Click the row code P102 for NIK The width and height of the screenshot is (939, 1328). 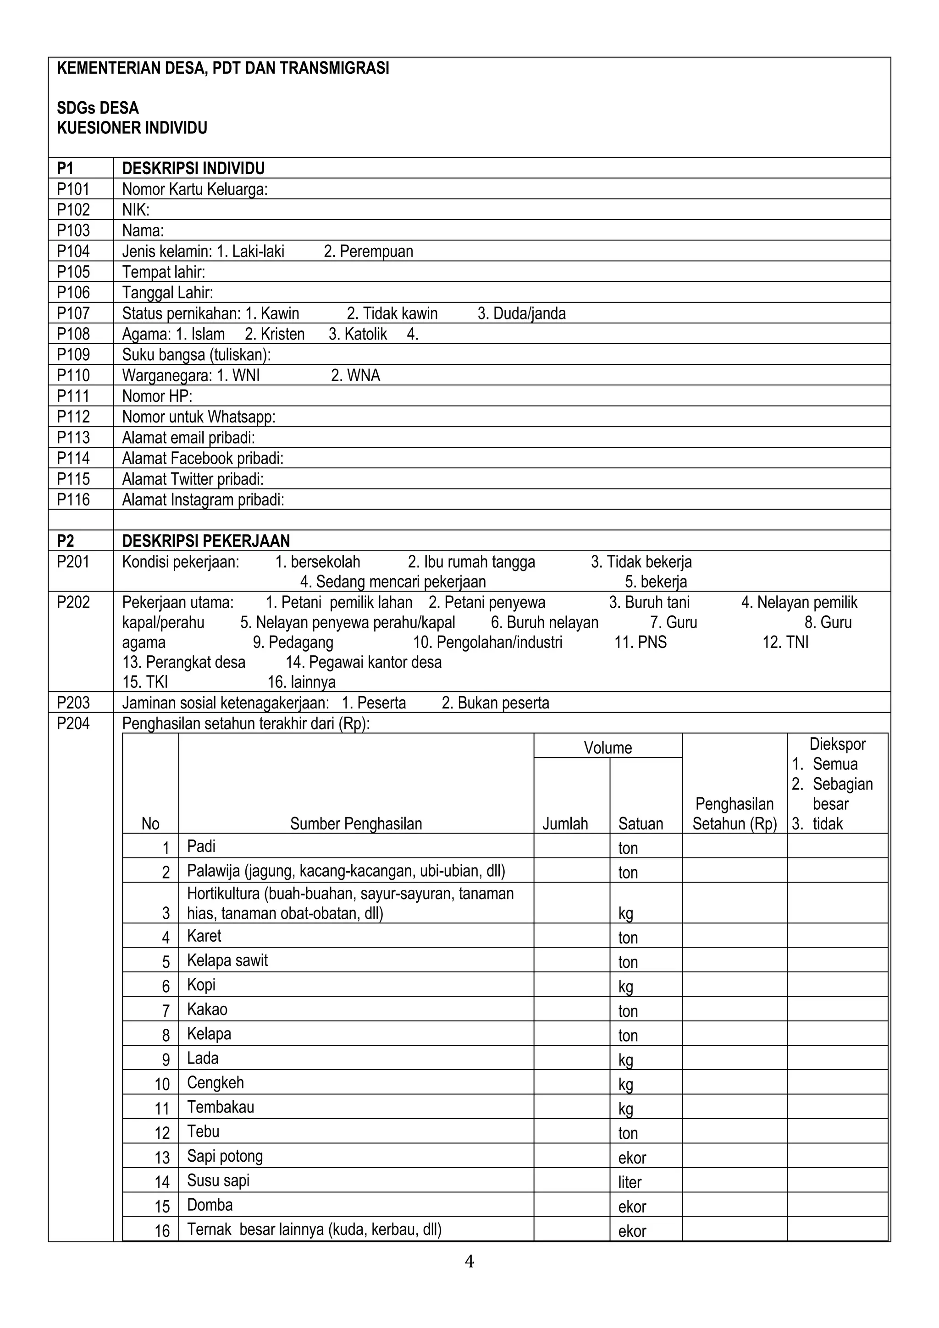[73, 209]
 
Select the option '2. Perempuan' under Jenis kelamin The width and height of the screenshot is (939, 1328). [369, 251]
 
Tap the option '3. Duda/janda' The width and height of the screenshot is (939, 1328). [521, 313]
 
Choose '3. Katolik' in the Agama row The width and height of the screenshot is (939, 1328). [358, 335]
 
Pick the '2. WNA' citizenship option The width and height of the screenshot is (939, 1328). [355, 375]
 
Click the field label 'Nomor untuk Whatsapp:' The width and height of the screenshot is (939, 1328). [199, 417]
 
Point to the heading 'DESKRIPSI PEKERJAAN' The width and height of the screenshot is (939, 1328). [206, 541]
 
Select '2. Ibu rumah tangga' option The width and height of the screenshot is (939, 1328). [471, 562]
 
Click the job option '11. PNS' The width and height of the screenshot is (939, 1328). [640, 642]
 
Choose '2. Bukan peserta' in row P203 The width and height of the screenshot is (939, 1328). [495, 703]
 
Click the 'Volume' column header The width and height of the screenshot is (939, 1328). [608, 747]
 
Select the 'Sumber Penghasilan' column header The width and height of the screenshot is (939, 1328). [356, 823]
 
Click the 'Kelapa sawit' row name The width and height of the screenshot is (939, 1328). [227, 960]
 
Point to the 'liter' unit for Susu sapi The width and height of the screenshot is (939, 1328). [630, 1182]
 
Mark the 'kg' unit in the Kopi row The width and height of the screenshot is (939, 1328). [625, 986]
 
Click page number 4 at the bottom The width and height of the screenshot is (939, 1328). [469, 1262]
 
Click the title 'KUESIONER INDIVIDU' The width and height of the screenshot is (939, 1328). [132, 128]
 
